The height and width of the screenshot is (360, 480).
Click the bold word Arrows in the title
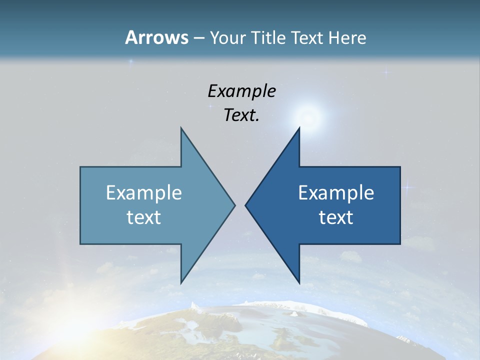[x=156, y=37]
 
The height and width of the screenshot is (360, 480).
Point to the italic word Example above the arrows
[x=241, y=91]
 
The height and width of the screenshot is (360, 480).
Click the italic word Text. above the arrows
[x=241, y=115]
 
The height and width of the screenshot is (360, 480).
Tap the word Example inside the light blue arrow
[x=144, y=192]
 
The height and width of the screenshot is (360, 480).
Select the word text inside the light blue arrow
[x=144, y=217]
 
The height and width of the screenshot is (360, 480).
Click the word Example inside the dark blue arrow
[x=336, y=192]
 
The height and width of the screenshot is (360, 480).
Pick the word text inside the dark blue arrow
[x=336, y=217]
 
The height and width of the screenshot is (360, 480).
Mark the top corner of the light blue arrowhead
[x=181, y=128]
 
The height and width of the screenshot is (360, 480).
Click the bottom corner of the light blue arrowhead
[x=181, y=282]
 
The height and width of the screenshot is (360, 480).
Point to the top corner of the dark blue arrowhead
[x=299, y=128]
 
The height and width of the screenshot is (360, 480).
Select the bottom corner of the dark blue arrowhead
[x=299, y=282]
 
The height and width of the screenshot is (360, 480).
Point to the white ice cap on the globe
[x=270, y=305]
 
